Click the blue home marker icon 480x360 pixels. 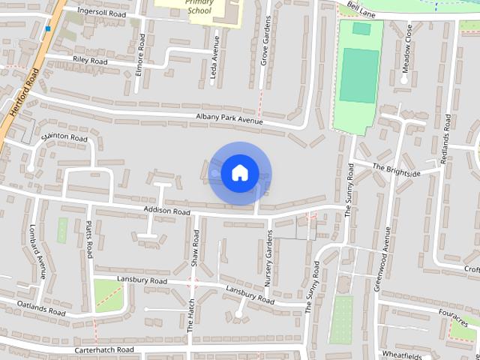(x=239, y=173)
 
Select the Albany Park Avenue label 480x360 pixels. (x=229, y=118)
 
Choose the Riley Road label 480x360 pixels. (x=91, y=61)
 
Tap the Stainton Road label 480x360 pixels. (x=65, y=138)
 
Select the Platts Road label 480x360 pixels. (x=88, y=238)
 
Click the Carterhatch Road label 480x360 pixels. (x=103, y=349)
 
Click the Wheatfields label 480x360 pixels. (x=403, y=354)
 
